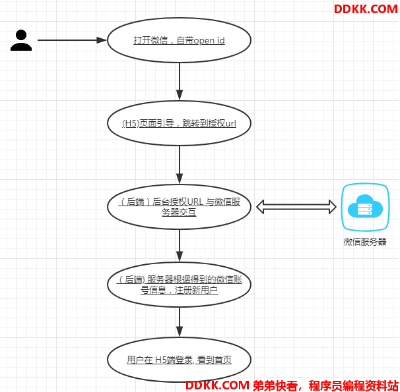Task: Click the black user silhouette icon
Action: coord(21,40)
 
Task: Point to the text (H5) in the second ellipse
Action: coord(130,123)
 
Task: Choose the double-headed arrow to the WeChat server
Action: coord(295,207)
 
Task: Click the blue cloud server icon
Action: coord(365,207)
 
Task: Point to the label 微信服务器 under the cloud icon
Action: coord(365,242)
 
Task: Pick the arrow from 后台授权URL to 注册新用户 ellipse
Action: coord(180,248)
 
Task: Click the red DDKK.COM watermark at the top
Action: coord(366,9)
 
